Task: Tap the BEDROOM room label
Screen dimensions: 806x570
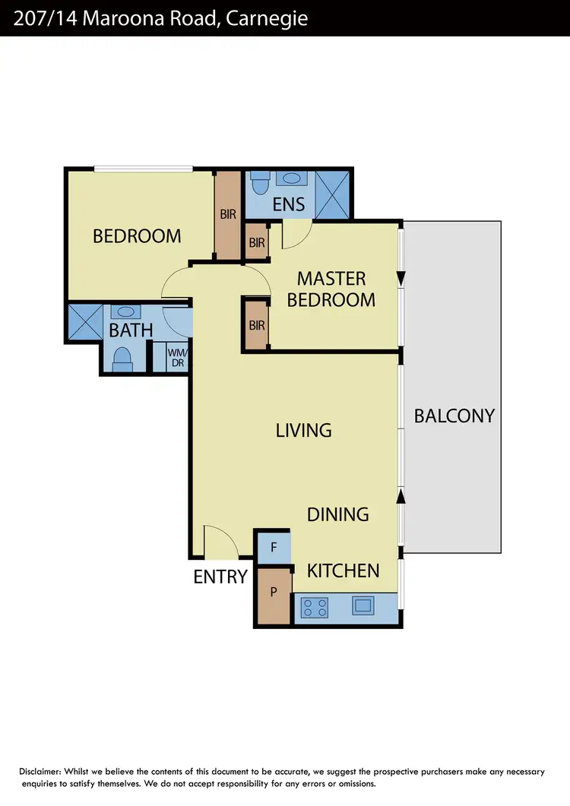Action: (137, 236)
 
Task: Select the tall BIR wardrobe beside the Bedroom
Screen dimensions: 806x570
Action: (228, 214)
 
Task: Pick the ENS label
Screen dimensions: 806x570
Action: (289, 204)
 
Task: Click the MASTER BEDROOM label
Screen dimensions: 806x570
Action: (331, 289)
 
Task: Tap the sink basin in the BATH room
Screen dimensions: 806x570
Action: (125, 311)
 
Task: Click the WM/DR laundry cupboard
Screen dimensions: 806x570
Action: (176, 358)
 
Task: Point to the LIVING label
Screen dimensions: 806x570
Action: (303, 431)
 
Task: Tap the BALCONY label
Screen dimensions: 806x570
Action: (454, 416)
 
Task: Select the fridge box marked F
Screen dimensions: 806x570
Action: (274, 547)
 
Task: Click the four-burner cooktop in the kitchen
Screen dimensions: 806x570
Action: (315, 607)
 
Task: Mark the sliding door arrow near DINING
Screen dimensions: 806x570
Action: (401, 496)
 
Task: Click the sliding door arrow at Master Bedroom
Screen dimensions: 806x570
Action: (401, 278)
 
